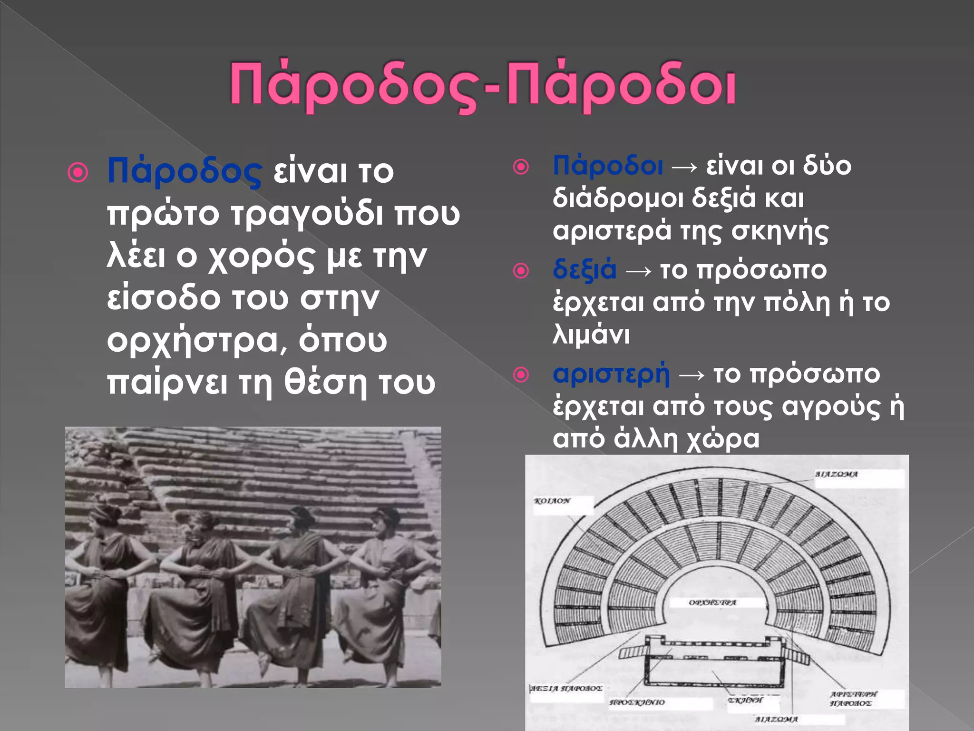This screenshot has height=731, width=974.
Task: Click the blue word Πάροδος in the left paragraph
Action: [x=184, y=171]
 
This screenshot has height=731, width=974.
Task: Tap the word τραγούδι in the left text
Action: [x=307, y=214]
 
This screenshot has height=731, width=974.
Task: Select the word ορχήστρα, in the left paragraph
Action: [x=197, y=341]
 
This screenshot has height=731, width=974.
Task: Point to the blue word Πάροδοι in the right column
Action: [x=608, y=166]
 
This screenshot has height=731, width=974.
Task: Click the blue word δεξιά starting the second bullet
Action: [x=584, y=270]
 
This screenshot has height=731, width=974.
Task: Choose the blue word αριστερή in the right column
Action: [x=611, y=374]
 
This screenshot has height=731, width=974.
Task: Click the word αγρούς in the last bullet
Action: [x=831, y=407]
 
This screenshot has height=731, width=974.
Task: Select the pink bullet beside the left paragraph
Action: [x=78, y=172]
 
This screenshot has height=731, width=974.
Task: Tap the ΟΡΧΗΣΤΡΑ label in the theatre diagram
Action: [x=712, y=603]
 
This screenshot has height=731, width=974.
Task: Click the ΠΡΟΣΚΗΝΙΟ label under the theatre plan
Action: [x=637, y=702]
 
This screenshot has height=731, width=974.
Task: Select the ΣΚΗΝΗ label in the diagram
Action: [x=745, y=700]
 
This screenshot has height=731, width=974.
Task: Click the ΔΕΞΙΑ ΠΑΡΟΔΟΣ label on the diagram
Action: [x=566, y=688]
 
